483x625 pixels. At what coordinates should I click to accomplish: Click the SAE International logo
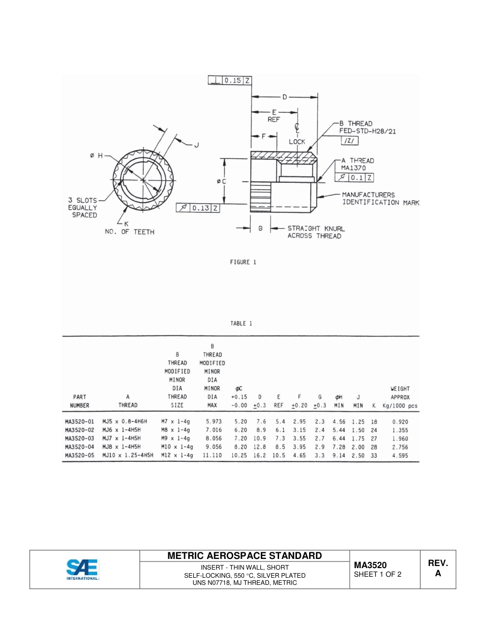(82, 569)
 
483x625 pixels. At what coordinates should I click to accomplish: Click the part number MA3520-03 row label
(80, 438)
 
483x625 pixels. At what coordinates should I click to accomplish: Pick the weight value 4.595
(400, 456)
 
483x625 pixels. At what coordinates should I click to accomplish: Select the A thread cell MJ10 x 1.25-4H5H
(128, 456)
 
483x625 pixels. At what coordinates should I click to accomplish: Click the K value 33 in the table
(374, 456)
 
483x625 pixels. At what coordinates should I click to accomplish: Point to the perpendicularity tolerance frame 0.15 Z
(230, 80)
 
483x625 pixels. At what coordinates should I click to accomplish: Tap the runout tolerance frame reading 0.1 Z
(355, 177)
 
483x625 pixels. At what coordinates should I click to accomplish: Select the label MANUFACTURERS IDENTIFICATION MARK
(380, 199)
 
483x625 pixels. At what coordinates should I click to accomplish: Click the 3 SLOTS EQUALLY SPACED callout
(82, 208)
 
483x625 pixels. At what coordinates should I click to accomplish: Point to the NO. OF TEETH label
(126, 232)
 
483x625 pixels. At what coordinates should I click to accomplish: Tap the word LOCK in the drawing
(297, 142)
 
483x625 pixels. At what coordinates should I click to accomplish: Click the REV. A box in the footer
(437, 569)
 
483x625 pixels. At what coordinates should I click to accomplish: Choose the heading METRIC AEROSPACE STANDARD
(245, 555)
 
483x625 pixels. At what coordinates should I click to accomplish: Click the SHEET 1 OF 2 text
(378, 575)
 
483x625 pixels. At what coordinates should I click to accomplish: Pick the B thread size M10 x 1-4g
(177, 447)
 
